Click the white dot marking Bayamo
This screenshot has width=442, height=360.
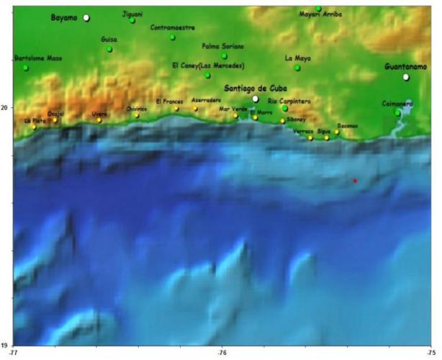click(x=86, y=17)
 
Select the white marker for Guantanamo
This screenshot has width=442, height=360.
click(x=406, y=77)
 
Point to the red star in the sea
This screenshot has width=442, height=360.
click(x=355, y=180)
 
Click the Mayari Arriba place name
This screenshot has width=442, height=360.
click(x=320, y=14)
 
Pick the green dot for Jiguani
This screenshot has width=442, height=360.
click(x=132, y=20)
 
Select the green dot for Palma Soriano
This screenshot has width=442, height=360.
click(x=224, y=55)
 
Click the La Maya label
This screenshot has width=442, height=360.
click(x=298, y=58)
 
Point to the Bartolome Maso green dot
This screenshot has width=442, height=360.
click(x=25, y=68)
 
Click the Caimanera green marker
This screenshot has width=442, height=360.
click(x=397, y=112)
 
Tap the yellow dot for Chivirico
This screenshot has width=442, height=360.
click(x=136, y=114)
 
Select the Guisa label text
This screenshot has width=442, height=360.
click(x=109, y=40)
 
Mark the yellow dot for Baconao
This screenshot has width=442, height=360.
click(x=336, y=132)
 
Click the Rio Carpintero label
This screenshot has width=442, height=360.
click(x=289, y=102)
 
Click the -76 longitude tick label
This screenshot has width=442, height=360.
click(x=222, y=353)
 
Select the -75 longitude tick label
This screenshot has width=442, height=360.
click(x=430, y=353)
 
